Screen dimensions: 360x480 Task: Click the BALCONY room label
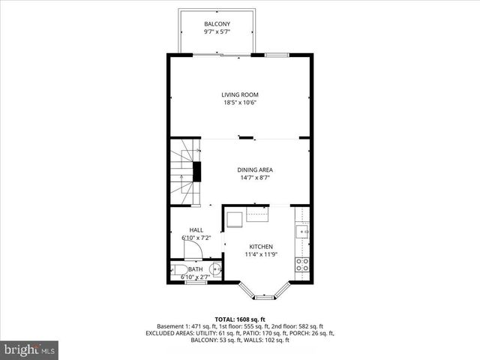click(x=216, y=25)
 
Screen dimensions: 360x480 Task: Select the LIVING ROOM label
click(x=240, y=94)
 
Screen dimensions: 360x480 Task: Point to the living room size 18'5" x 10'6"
click(x=240, y=103)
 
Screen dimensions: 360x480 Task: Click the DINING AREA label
click(x=255, y=170)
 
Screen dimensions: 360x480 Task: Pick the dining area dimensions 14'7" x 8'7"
click(x=255, y=178)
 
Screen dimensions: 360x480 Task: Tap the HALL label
click(x=196, y=230)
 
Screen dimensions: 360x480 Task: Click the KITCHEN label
click(x=261, y=247)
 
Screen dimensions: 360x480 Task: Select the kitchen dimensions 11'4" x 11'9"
click(x=261, y=255)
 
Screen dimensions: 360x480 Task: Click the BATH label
click(x=196, y=269)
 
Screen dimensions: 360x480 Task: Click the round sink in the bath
click(x=216, y=270)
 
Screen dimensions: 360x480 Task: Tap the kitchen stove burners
click(x=303, y=265)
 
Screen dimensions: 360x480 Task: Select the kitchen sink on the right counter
click(x=302, y=232)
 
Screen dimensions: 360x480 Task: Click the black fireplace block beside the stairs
click(x=197, y=170)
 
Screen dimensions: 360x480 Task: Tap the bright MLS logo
click(x=29, y=349)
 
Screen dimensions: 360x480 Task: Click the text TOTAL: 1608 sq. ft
click(x=240, y=319)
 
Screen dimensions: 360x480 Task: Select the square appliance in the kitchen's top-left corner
click(x=234, y=218)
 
